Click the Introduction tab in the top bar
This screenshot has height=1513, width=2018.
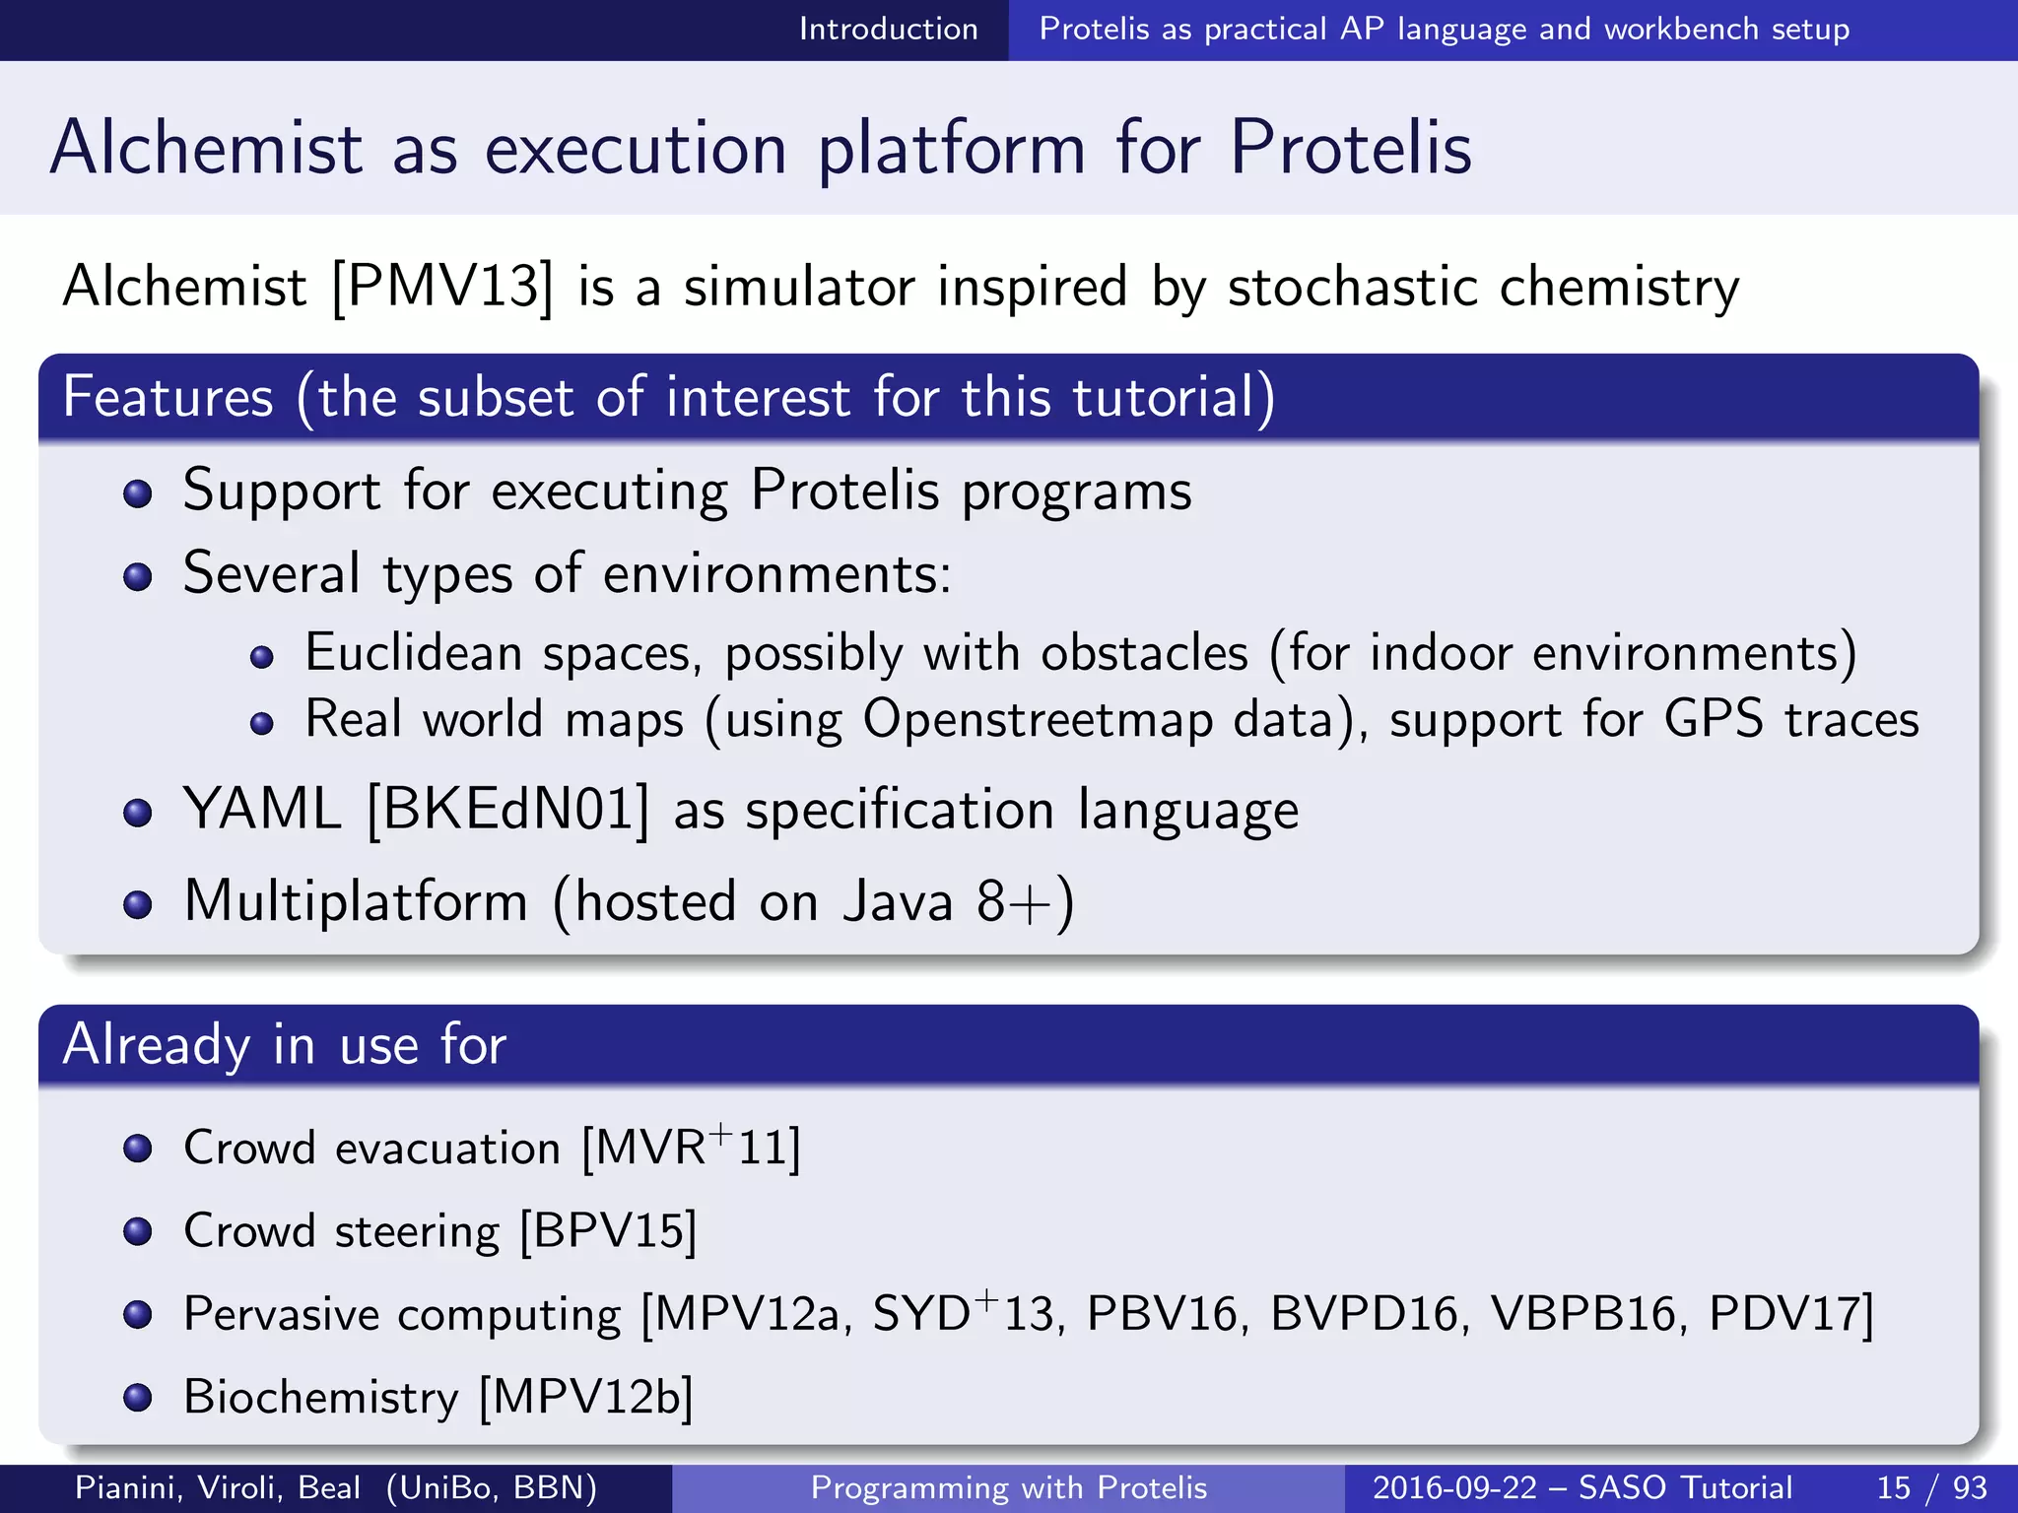coord(888,30)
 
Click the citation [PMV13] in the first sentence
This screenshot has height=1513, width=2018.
coord(442,287)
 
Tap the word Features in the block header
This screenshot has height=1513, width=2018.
coord(168,397)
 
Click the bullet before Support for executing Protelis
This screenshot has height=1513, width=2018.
coord(138,493)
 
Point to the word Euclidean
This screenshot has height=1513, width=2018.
coord(413,653)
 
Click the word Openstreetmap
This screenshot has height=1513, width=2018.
coord(1038,719)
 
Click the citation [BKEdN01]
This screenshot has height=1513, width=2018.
coord(508,810)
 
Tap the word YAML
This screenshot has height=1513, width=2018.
coord(262,810)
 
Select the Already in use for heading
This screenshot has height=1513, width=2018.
coord(284,1045)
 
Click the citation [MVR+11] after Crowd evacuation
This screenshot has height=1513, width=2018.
coord(691,1148)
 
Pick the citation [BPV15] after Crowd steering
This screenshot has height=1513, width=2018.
coord(608,1231)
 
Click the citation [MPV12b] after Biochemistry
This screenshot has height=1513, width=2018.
coord(586,1398)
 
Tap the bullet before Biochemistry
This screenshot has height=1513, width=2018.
coord(138,1398)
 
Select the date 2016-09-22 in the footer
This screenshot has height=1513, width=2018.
coord(1454,1487)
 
